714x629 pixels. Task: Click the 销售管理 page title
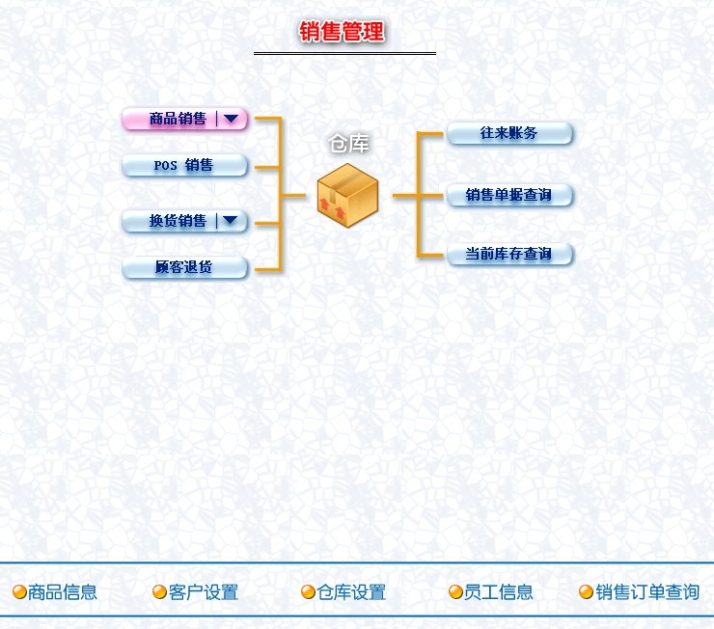click(x=343, y=32)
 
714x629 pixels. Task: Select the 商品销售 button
click(x=178, y=120)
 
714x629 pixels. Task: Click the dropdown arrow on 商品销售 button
click(x=232, y=120)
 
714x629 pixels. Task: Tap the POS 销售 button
click(x=184, y=166)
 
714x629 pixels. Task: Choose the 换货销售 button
click(x=178, y=221)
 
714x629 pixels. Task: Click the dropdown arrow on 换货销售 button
click(x=231, y=221)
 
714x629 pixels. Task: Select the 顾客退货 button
click(x=184, y=267)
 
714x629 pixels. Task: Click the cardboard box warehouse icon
click(x=347, y=196)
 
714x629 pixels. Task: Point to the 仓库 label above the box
click(x=348, y=145)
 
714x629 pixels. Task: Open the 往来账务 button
click(x=509, y=133)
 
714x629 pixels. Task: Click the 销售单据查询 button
click(x=509, y=195)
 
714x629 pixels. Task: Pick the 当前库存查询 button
click(x=509, y=254)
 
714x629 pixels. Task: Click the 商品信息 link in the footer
click(x=63, y=592)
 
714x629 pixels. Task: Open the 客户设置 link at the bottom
click(x=203, y=592)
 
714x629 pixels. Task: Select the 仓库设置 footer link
click(x=351, y=592)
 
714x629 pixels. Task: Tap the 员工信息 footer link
click(x=498, y=592)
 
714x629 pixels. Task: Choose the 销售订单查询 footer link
click(x=646, y=592)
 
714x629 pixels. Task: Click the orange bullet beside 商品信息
click(x=19, y=592)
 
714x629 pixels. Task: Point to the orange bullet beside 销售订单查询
click(x=586, y=592)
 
